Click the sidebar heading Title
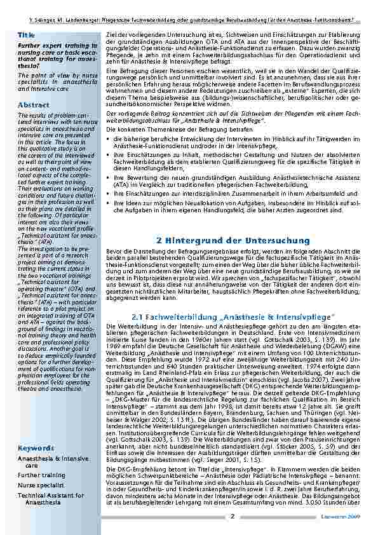26,34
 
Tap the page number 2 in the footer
233,517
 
